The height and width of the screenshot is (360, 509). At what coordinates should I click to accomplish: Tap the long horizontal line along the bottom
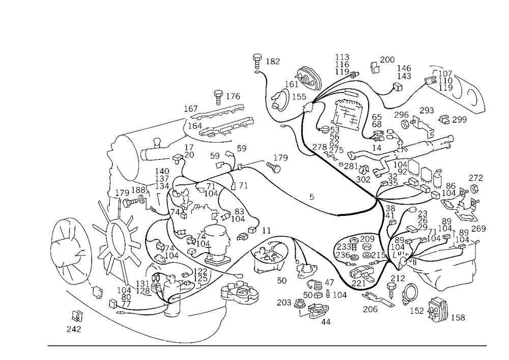(265, 345)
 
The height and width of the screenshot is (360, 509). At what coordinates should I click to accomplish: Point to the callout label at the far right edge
(476, 178)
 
